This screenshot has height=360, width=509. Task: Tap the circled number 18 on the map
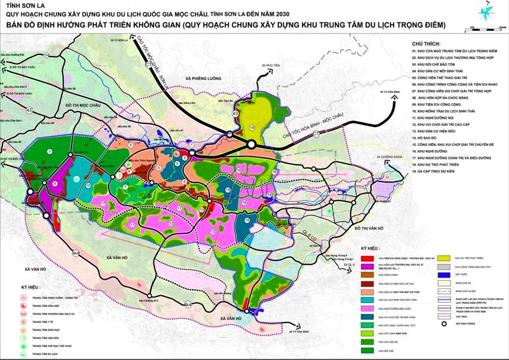pyautogui.click(x=252, y=128)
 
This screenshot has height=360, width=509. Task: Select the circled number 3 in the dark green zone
pyautogui.click(x=50, y=151)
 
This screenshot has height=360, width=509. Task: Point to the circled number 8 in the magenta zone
pyautogui.click(x=55, y=184)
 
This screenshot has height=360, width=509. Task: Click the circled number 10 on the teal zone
pyautogui.click(x=88, y=185)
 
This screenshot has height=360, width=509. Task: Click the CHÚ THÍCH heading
pyautogui.click(x=426, y=43)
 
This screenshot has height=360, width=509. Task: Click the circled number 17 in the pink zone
pyautogui.click(x=103, y=204)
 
